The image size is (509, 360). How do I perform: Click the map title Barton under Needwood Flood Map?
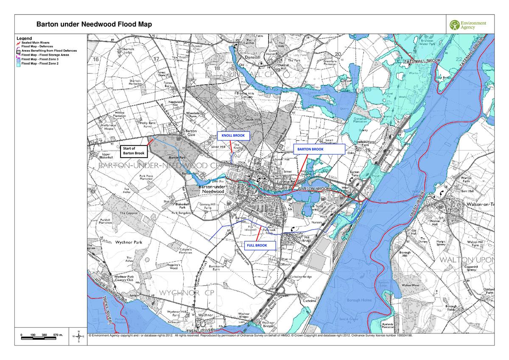(94, 25)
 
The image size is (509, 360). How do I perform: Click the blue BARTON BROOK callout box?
(319, 149)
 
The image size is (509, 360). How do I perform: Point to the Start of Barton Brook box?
(133, 151)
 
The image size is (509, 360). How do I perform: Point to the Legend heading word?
(24, 38)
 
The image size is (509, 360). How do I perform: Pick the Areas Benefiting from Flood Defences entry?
(49, 51)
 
